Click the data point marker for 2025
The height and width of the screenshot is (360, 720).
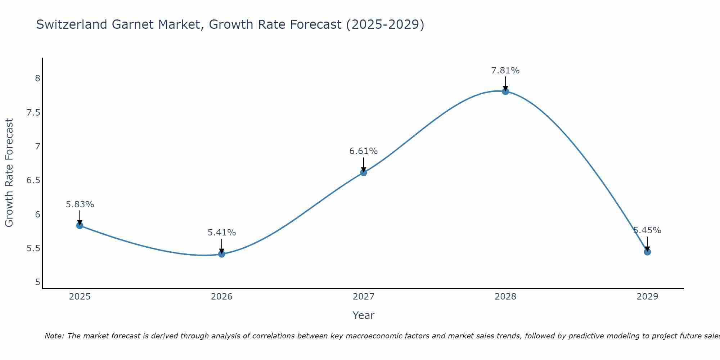(x=80, y=225)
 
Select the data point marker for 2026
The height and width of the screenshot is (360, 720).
(x=222, y=254)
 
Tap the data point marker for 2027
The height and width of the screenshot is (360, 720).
(x=364, y=172)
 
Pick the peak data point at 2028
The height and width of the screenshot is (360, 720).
(x=505, y=91)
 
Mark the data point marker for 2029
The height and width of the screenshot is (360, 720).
(x=647, y=252)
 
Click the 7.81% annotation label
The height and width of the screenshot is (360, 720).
(x=505, y=71)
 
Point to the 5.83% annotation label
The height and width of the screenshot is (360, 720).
(x=80, y=204)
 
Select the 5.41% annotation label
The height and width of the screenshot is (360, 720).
(x=222, y=233)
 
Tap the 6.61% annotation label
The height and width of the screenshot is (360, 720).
(x=364, y=151)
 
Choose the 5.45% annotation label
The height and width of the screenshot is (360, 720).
(x=647, y=230)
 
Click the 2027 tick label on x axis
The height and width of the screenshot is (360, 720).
(x=364, y=297)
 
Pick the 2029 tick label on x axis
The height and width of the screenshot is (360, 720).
(x=647, y=297)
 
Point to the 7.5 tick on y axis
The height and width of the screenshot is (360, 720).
(x=33, y=113)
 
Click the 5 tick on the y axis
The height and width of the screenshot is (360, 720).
(x=38, y=282)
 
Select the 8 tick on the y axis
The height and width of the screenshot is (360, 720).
(x=38, y=78)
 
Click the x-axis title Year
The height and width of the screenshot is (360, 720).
(x=364, y=315)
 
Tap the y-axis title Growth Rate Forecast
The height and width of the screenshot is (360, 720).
(x=9, y=172)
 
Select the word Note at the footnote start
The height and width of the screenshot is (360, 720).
(x=54, y=336)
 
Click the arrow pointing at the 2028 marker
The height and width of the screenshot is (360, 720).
(x=505, y=84)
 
